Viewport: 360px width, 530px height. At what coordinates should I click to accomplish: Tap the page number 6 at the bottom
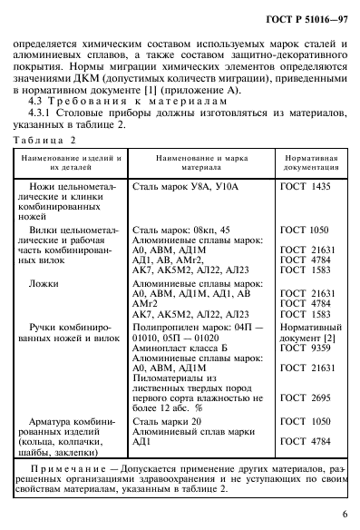(x=343, y=510)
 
